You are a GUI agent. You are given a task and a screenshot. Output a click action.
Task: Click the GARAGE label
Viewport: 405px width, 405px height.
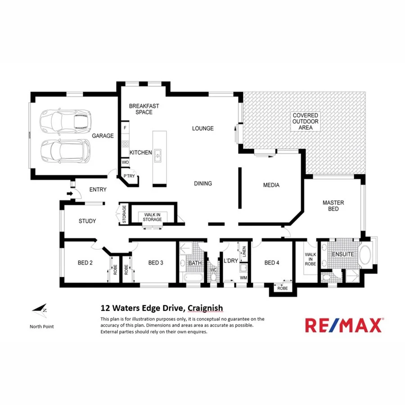103,135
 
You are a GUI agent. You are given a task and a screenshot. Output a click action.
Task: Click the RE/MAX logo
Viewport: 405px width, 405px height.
344,324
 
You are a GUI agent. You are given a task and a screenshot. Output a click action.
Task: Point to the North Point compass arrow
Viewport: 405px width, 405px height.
39,309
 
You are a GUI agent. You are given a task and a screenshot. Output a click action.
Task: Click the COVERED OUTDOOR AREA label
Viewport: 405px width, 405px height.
306,121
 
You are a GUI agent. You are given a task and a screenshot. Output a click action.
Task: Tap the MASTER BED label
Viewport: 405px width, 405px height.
333,206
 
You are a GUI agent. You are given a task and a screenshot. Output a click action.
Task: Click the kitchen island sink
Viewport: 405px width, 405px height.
158,156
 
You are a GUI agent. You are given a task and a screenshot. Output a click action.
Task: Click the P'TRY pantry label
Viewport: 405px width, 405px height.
129,176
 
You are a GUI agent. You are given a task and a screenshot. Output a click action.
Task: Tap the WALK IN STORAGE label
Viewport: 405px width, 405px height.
152,217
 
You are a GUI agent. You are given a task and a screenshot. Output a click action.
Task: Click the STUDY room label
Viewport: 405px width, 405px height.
87,221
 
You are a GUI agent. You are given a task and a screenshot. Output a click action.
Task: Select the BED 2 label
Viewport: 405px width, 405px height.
85,263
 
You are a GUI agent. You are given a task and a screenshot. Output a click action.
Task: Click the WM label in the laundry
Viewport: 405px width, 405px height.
243,278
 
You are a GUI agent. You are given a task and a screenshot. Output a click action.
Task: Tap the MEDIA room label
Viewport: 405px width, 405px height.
271,185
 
